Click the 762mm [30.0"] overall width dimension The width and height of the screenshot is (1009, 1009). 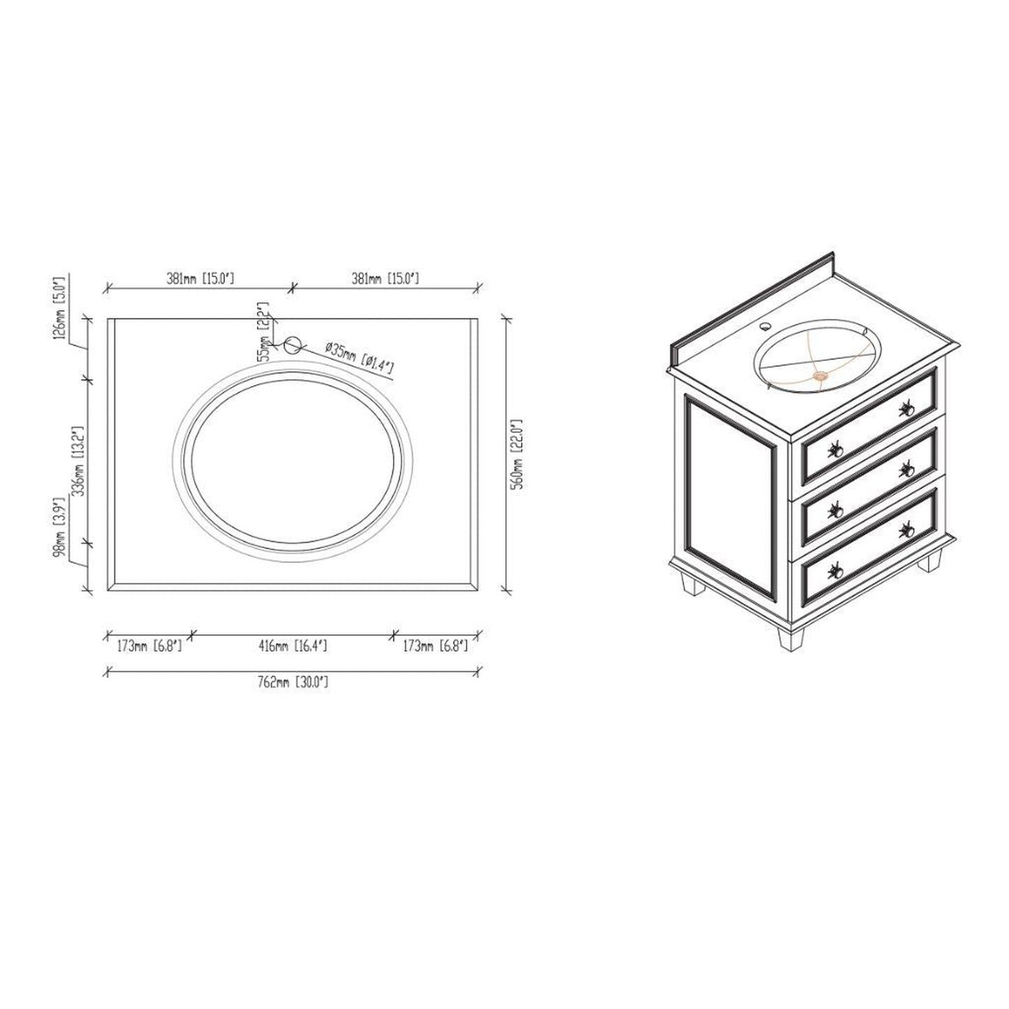[292, 682]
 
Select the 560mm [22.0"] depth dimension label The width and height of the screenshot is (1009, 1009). [517, 454]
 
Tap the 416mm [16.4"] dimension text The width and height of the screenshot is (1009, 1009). [293, 647]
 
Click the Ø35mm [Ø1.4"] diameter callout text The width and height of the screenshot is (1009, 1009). [360, 355]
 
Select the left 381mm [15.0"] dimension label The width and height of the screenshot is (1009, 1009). [200, 279]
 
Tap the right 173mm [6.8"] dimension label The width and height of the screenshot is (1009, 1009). [434, 647]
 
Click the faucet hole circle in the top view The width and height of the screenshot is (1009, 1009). [293, 344]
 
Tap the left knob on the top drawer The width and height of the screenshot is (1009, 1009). [834, 450]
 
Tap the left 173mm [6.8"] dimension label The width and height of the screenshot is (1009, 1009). [149, 647]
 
